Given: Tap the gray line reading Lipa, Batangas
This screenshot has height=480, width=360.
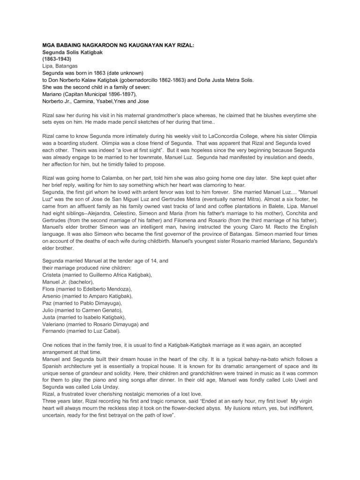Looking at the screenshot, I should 60,67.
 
